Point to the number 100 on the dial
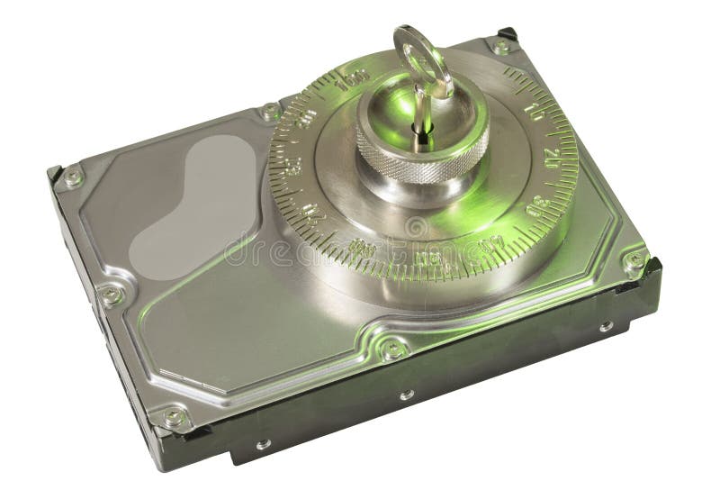coord(353,80)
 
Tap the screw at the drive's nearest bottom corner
coord(174,417)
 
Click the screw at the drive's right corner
coord(634,261)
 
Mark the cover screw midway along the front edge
coord(392,348)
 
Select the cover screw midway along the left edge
coord(111,295)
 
